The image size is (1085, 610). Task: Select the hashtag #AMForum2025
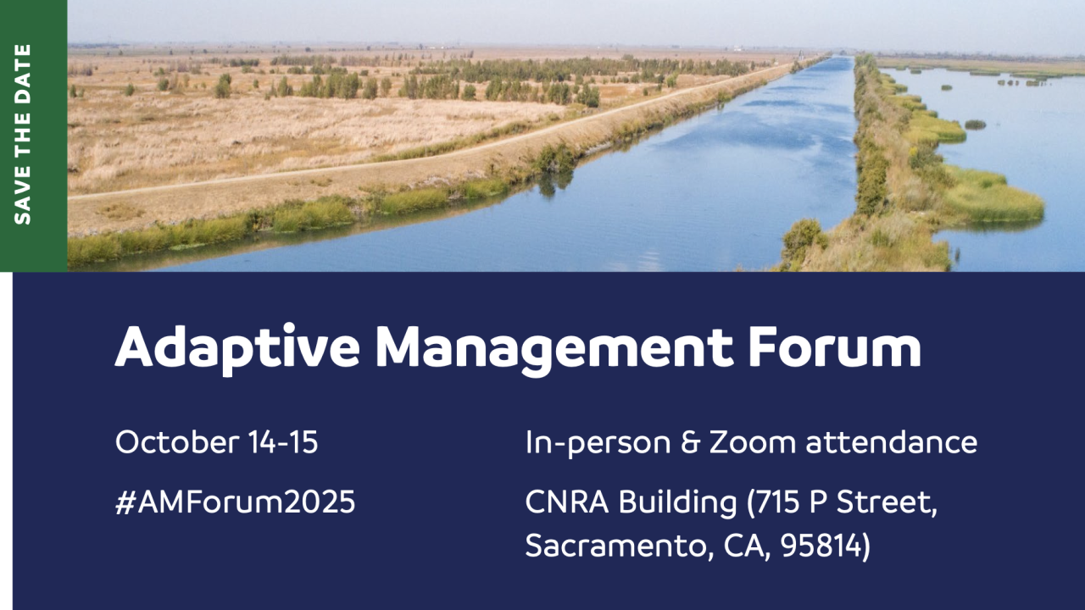235,502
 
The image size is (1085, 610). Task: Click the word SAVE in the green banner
23,196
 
